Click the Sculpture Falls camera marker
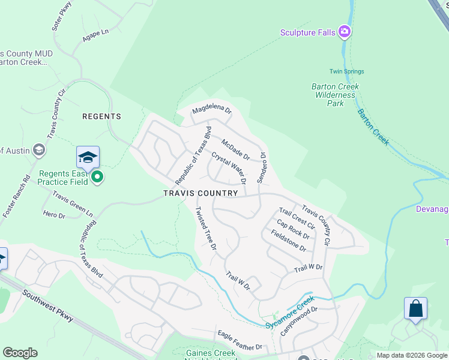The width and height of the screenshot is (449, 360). (x=345, y=31)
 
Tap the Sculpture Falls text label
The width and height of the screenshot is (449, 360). (x=308, y=32)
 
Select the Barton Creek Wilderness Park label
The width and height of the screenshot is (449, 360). (x=336, y=95)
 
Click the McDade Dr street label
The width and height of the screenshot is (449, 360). (x=235, y=149)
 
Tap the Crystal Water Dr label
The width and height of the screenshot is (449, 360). (x=229, y=167)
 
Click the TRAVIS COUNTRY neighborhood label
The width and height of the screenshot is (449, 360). (x=200, y=193)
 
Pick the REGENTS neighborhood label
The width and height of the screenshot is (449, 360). (x=101, y=116)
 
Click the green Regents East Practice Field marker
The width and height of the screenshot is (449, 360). (x=97, y=177)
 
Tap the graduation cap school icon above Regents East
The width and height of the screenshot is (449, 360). (x=88, y=158)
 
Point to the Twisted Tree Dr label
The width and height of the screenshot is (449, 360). (x=205, y=228)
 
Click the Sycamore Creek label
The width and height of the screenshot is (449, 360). (x=290, y=312)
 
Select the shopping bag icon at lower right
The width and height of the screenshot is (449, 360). (x=415, y=309)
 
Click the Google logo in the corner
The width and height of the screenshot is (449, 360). (x=20, y=353)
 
